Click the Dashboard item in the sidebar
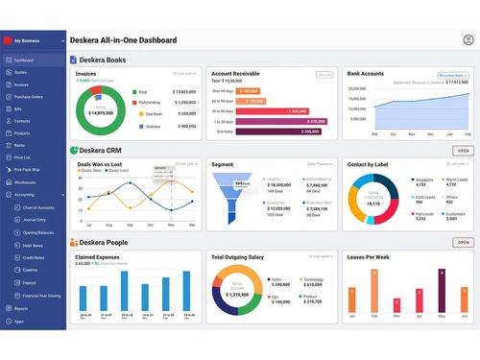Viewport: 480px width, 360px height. pos(23,60)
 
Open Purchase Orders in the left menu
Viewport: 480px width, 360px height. pos(28,97)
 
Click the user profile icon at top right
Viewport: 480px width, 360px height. pos(468,40)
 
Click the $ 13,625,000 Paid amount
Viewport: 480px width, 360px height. pos(184,91)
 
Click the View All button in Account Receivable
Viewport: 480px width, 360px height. pos(324,74)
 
